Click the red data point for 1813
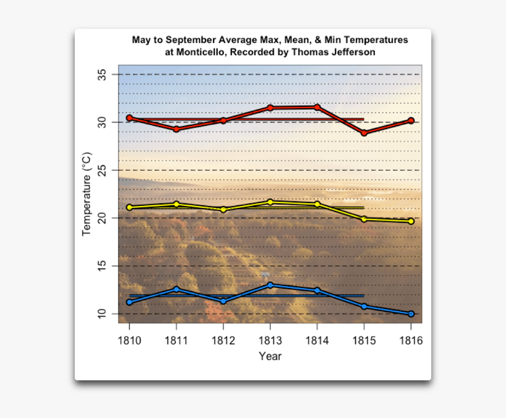[270, 108]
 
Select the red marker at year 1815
[364, 133]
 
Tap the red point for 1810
[129, 118]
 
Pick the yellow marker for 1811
[177, 204]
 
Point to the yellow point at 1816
[411, 221]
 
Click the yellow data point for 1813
[270, 202]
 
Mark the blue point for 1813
[270, 285]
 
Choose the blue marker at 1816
[411, 314]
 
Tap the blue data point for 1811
[177, 289]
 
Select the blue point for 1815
[364, 306]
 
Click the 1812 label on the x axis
[223, 340]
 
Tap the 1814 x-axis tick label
[317, 340]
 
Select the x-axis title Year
[270, 356]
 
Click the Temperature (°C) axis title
[86, 194]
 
